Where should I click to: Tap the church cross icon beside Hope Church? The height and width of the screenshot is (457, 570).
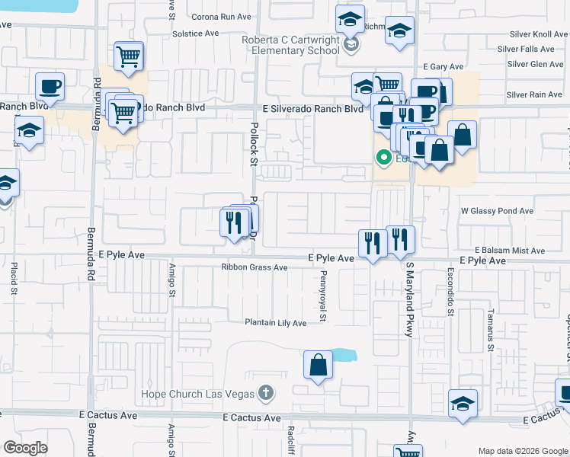pos(265,393)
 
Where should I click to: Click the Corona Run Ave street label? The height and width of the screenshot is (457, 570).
pos(222,16)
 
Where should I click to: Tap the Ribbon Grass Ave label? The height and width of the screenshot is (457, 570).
pos(255,267)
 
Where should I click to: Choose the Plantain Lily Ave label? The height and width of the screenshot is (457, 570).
pos(275,323)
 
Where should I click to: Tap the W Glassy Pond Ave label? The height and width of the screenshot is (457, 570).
pos(497,211)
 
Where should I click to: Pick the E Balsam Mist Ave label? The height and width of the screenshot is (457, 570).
pos(510,250)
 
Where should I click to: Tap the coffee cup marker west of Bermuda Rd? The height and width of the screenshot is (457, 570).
pos(50,85)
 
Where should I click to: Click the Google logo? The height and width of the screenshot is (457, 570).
pos(25,448)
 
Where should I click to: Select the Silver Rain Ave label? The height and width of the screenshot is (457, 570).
pos(534,94)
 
